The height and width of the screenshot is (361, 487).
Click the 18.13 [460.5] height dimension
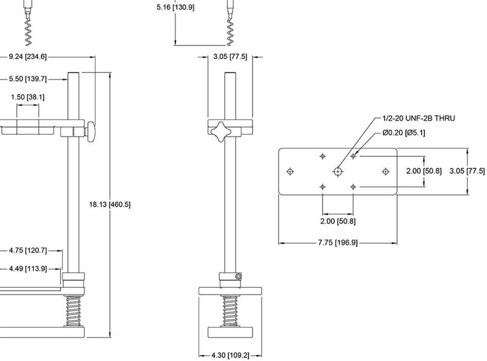pyautogui.click(x=110, y=204)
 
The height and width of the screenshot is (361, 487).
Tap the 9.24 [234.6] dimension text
pyautogui.click(x=27, y=57)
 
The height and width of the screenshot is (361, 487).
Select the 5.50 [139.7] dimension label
pyautogui.click(x=27, y=79)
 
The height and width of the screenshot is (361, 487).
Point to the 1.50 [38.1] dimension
pyautogui.click(x=27, y=97)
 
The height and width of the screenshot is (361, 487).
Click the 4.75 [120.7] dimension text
pyautogui.click(x=27, y=251)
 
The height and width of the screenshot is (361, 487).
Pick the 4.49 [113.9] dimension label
pyautogui.click(x=27, y=268)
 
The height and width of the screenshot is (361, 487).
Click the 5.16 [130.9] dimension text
pyautogui.click(x=175, y=7)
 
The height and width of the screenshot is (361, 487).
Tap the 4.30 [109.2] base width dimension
pyautogui.click(x=230, y=355)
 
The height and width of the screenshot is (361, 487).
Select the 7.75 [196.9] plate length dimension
pyautogui.click(x=338, y=243)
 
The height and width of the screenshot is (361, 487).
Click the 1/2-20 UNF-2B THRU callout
pyautogui.click(x=419, y=118)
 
